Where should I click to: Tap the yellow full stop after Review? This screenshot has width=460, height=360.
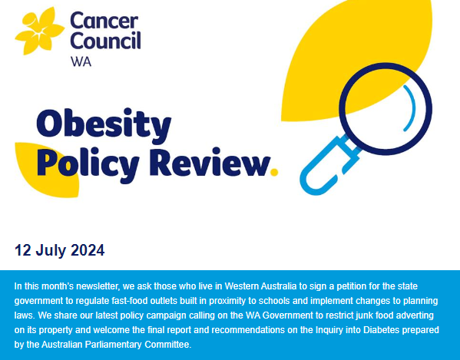point(274,170)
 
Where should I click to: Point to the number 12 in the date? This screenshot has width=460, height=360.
point(23,250)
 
